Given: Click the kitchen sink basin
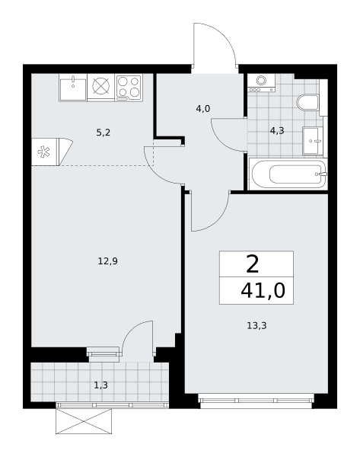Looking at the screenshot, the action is pos(73,88).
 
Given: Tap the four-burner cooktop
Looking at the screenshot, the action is pos(129,88).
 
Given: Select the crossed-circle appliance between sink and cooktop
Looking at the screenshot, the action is pos(101,85).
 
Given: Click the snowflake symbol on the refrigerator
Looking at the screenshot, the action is pos(43,152).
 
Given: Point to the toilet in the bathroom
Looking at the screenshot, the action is pos(307,103).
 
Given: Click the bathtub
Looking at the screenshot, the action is pos(288,174).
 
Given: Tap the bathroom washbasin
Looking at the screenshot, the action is pos(313,141).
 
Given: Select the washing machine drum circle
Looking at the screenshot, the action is pos(261,80).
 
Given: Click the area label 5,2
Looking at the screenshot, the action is pos(104,133).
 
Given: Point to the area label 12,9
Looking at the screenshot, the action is pos(108,261).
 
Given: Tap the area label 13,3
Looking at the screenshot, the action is pos(256,325).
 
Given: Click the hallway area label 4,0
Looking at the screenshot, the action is pos(203,109).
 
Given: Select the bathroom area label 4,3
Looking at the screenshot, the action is pos(277,131).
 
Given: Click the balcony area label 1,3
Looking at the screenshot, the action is pos(100,385).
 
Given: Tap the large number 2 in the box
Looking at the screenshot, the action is pos(252,264).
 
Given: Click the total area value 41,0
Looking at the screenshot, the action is pos(263,290).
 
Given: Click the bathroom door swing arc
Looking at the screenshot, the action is pos(220,142).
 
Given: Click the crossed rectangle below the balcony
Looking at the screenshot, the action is pos(84,421).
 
